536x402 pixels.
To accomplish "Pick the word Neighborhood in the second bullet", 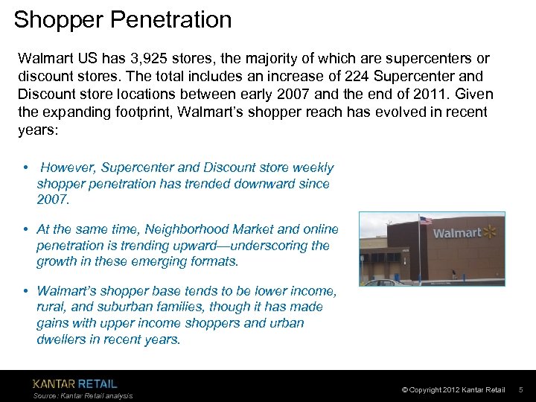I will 183,230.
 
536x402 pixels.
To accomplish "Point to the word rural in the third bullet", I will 51,307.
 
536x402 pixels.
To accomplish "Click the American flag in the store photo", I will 425,221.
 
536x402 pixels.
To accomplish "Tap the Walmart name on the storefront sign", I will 456,233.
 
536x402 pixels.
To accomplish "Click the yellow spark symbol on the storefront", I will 491,231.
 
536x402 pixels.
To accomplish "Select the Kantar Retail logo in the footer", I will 74,384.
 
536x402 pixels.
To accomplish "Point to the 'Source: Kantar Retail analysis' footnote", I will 83,396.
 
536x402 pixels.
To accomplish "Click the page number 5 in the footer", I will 520,390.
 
